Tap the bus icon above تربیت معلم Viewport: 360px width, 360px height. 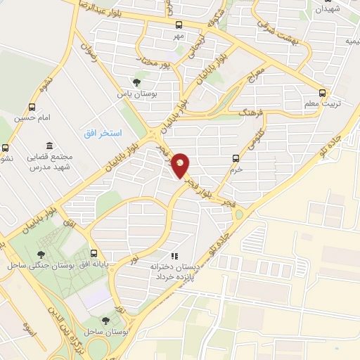point(323,93)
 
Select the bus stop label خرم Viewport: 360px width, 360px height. point(236,169)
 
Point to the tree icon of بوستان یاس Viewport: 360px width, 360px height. point(136,82)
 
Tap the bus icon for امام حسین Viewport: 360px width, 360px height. point(31,108)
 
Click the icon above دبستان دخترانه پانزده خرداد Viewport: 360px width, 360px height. point(174,256)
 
